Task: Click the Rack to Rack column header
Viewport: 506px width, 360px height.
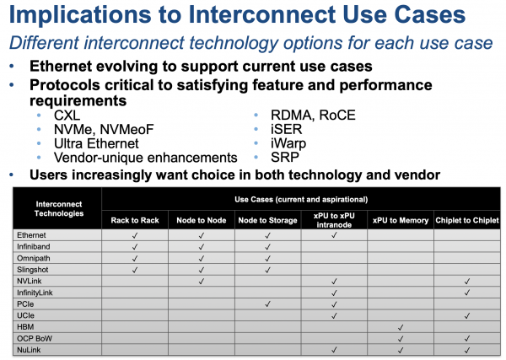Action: (x=135, y=220)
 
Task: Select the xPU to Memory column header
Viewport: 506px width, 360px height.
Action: (x=401, y=220)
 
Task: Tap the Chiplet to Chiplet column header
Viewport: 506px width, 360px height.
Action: (x=467, y=220)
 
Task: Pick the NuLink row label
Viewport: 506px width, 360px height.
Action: (x=29, y=350)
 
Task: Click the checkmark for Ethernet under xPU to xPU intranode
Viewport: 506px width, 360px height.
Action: (x=334, y=235)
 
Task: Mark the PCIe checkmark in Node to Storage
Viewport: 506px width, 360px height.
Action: (x=267, y=304)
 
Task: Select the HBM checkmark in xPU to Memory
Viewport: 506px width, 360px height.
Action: (x=401, y=327)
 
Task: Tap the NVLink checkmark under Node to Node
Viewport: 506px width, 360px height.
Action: (x=202, y=281)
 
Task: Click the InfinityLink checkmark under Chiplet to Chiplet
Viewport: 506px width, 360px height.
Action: (x=467, y=293)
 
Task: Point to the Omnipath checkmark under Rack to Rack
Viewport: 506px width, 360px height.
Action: (x=135, y=258)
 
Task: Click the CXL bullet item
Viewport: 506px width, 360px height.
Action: (x=67, y=116)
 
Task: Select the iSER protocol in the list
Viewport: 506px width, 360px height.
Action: (x=286, y=129)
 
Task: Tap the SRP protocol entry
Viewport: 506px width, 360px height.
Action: (x=285, y=158)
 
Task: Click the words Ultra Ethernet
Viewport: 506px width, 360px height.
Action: (x=96, y=143)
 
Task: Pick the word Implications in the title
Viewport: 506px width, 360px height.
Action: (x=80, y=15)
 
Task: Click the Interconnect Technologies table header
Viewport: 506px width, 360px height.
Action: (x=59, y=209)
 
